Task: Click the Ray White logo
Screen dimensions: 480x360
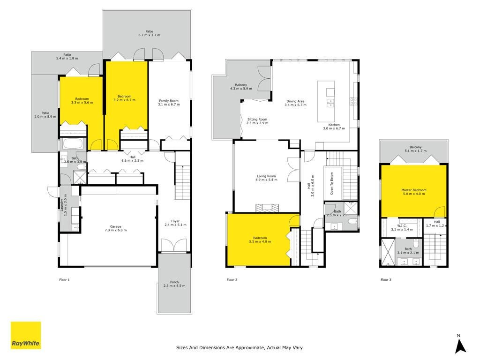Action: pos(26,335)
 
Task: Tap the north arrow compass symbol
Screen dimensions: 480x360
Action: pos(460,345)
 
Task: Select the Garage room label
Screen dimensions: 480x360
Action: pos(116,226)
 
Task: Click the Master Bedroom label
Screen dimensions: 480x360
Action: pos(413,190)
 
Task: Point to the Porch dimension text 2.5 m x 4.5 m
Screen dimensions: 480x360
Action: pos(174,286)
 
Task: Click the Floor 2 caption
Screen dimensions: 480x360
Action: pos(232,280)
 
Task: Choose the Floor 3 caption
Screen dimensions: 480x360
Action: pos(386,280)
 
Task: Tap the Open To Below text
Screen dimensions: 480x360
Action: pos(331,183)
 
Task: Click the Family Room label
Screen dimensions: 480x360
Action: pos(169,101)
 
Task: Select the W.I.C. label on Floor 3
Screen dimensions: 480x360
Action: pos(402,225)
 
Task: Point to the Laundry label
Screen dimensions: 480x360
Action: pos(62,205)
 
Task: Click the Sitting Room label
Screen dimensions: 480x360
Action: pos(257,120)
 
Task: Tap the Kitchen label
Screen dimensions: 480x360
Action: pos(334,125)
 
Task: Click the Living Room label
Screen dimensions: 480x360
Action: pos(266,176)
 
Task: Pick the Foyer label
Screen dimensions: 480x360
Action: pos(175,221)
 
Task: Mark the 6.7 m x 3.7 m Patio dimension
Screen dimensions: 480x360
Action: pos(149,35)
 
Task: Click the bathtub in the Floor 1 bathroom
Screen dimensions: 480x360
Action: pos(73,143)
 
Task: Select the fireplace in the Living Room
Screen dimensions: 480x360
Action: pos(268,208)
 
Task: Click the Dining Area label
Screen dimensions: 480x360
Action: pos(295,101)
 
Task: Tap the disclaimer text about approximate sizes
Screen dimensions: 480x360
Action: pos(240,347)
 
